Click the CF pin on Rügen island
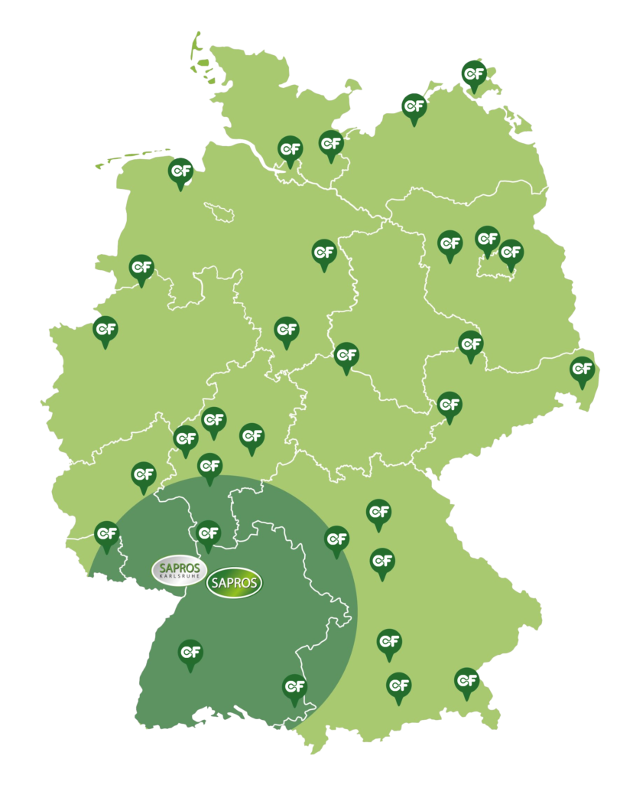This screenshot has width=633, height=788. coord(474,74)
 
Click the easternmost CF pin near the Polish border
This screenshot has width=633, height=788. coord(583,370)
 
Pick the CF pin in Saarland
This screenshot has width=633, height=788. coord(107,534)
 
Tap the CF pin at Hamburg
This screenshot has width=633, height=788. coord(290,149)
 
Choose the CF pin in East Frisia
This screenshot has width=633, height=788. coord(180,171)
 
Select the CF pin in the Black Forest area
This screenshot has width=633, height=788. coord(190,653)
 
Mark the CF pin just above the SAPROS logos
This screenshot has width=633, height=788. coord(208,533)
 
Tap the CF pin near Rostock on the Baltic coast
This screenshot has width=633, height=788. coord(414,107)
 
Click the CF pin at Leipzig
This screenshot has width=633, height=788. coord(470,345)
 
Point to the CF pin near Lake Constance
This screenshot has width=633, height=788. coord(295,688)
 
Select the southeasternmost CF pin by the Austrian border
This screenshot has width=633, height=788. coord(466,681)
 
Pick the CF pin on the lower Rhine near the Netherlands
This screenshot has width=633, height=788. coord(105,331)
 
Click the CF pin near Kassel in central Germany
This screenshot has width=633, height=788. coord(287,331)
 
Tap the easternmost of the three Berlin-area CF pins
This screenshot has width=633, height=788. coord(511,253)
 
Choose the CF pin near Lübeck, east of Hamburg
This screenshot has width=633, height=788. coord(331,144)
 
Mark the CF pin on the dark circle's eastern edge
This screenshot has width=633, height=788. coord(336,539)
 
